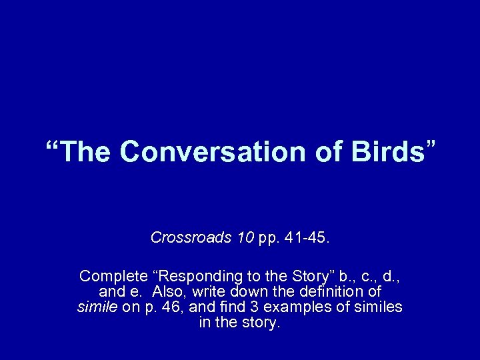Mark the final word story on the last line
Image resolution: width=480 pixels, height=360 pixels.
263,323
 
